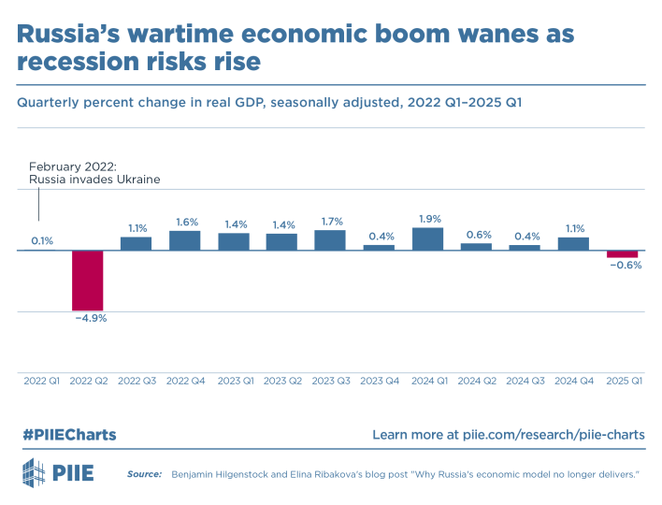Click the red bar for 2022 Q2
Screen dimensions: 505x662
point(88,280)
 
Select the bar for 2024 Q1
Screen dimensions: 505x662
point(427,239)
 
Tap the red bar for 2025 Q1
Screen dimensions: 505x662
point(622,254)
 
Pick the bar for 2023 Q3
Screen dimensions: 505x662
point(330,240)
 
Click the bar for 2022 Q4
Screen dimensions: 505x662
point(184,241)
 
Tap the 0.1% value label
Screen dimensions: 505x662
point(41,241)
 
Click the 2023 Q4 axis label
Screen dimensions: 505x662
point(379,381)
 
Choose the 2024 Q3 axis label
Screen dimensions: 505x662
point(525,381)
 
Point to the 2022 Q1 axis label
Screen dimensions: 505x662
point(41,381)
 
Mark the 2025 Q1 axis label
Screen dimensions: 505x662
point(622,381)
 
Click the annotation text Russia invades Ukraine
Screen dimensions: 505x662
point(94,179)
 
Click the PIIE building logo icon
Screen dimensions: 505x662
point(33,473)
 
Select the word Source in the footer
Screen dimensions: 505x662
point(144,475)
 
